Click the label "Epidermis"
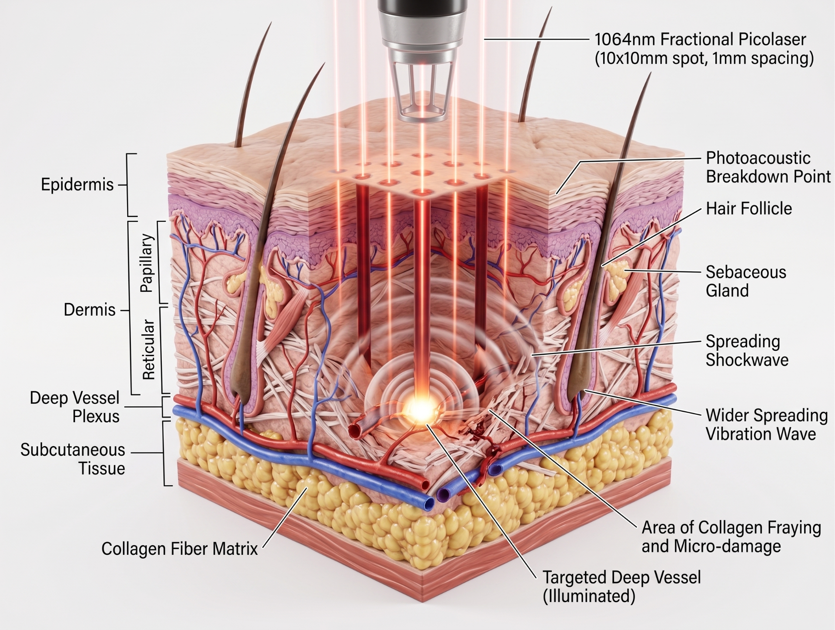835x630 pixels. [x=77, y=184]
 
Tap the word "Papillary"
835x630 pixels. [x=147, y=263]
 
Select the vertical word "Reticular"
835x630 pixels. [x=149, y=350]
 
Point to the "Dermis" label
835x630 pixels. [x=90, y=310]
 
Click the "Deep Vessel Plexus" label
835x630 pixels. [x=74, y=407]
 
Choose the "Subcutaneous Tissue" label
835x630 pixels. [x=73, y=459]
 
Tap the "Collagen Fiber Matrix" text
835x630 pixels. [x=180, y=549]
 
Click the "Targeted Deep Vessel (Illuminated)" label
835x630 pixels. [x=622, y=587]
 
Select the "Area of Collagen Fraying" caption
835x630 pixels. [x=731, y=527]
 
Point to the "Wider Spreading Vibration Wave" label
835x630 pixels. [x=767, y=424]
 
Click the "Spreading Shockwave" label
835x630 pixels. [x=747, y=350]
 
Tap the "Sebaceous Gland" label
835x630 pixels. [x=746, y=281]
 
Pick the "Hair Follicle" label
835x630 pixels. [x=749, y=208]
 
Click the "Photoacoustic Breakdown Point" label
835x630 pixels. [x=768, y=167]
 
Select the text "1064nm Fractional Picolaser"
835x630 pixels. [x=700, y=39]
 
